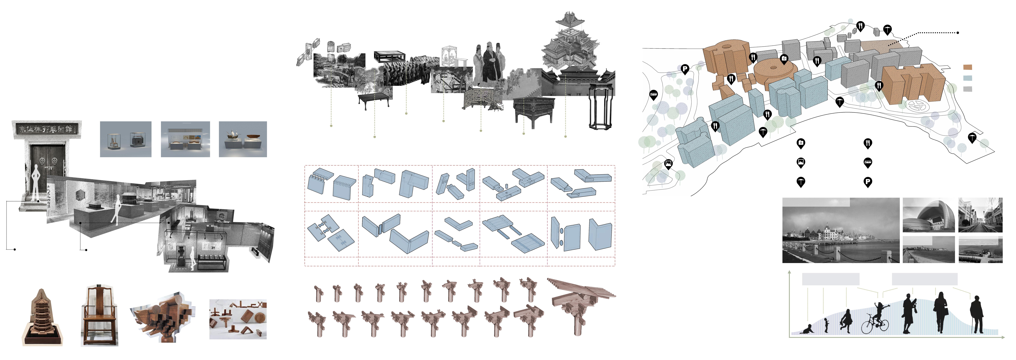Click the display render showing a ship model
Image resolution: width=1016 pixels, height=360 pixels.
click(243, 139)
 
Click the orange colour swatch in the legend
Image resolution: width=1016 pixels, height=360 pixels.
click(968, 67)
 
